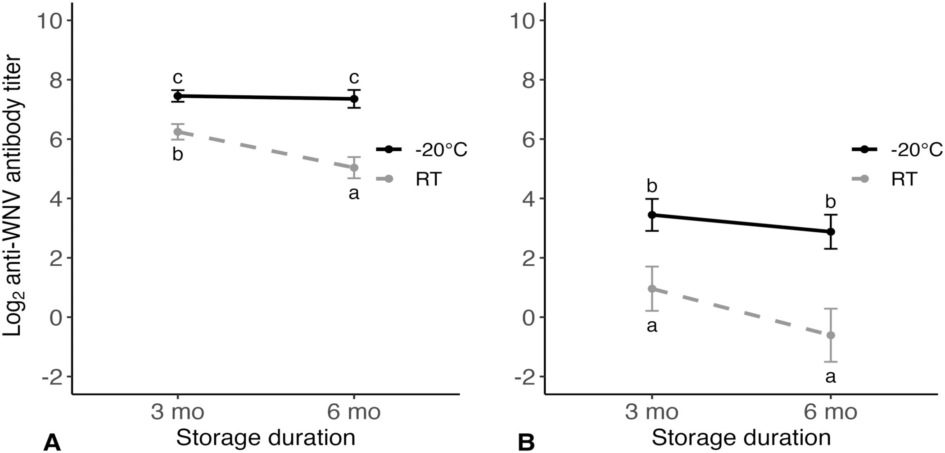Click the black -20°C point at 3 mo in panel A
[178, 96]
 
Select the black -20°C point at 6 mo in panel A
[354, 99]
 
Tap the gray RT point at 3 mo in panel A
[178, 132]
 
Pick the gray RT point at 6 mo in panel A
[354, 167]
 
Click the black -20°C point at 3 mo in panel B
[652, 215]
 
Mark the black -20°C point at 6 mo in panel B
[831, 231]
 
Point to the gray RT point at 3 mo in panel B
[652, 289]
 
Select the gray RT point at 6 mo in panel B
[831, 335]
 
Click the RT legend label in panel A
[428, 179]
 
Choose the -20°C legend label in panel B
[917, 150]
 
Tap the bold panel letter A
[52, 443]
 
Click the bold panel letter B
[526, 443]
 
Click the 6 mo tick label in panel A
[354, 412]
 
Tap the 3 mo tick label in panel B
[652, 412]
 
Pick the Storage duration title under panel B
[741, 438]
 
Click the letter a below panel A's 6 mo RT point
[354, 193]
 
